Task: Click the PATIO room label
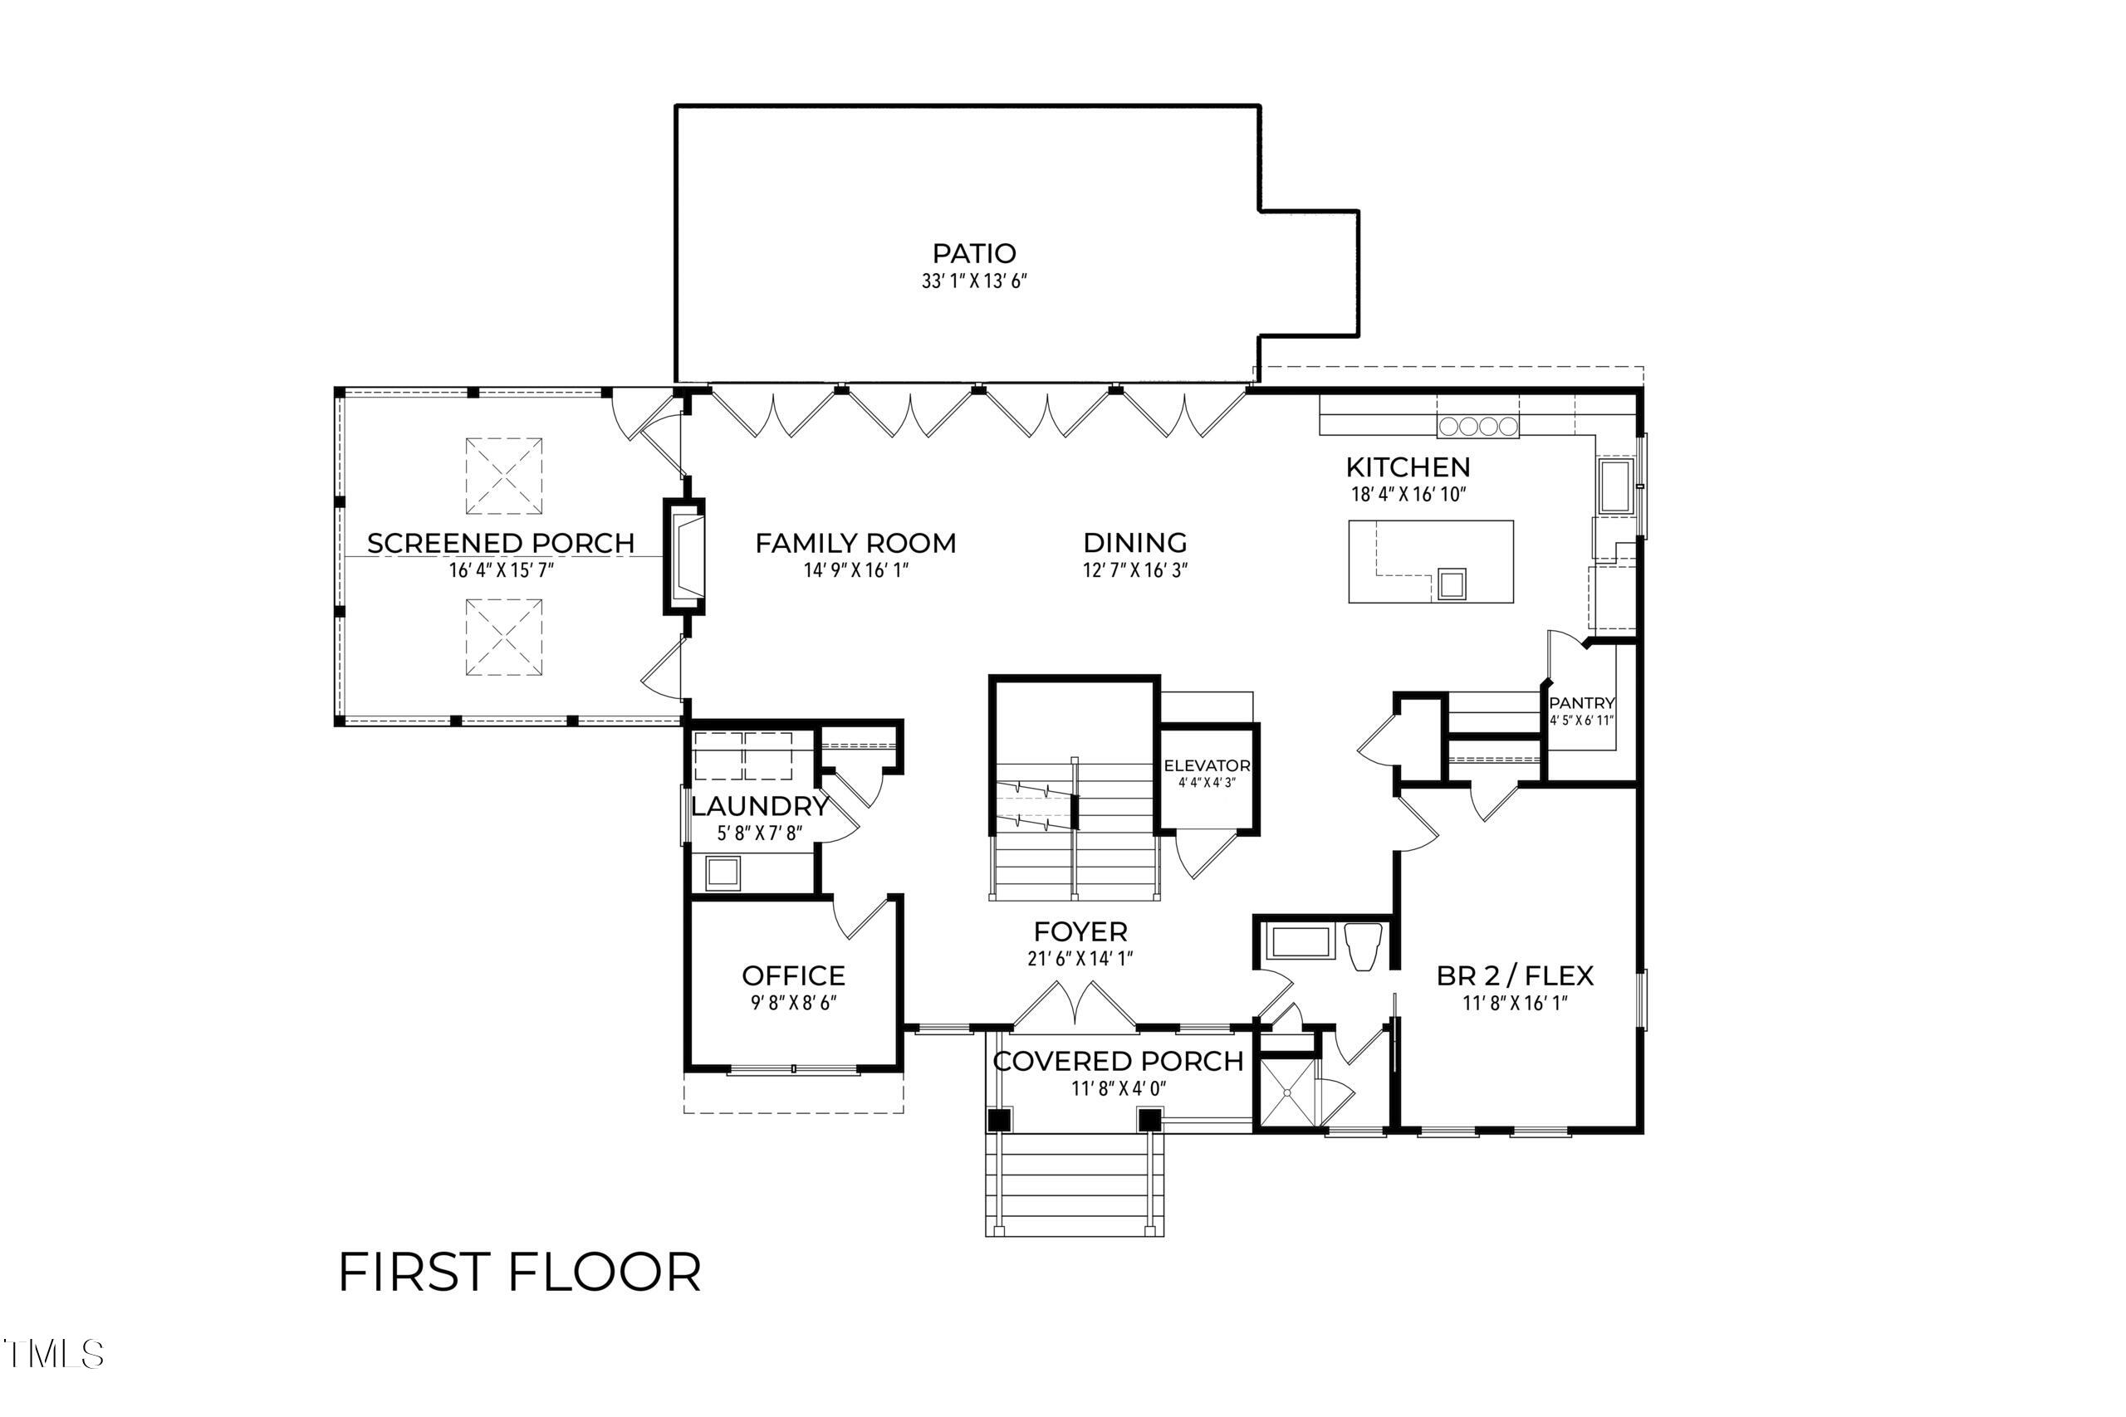973,253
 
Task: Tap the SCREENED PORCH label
501,543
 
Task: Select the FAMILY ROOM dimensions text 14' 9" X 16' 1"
855,570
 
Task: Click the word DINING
1134,542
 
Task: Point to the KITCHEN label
1408,467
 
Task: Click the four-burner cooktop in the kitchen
1478,426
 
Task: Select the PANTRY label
1581,703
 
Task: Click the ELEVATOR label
1207,765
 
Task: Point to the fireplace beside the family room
684,557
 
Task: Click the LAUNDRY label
759,805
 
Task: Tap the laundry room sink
723,873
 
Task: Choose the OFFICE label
793,976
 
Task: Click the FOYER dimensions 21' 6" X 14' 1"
1080,958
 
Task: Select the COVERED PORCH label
1118,1061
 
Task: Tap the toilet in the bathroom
1363,946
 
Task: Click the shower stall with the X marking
1287,1092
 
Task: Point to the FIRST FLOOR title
520,1273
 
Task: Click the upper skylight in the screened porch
503,476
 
